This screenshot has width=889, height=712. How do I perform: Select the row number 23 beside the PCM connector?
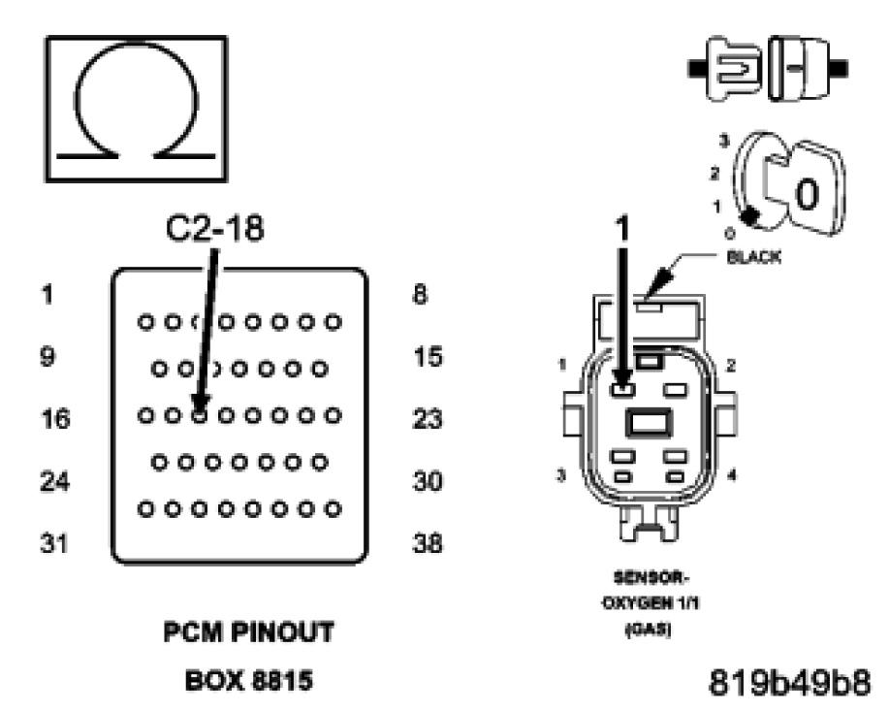pyautogui.click(x=427, y=420)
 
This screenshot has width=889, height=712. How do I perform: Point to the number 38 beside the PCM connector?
pyautogui.click(x=427, y=543)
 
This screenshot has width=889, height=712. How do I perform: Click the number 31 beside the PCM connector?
pyautogui.click(x=55, y=543)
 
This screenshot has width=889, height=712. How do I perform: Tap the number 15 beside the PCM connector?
pyautogui.click(x=427, y=357)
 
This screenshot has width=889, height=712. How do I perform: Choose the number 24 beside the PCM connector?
pyautogui.click(x=56, y=481)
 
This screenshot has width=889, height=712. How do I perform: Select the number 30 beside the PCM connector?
pyautogui.click(x=427, y=481)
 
